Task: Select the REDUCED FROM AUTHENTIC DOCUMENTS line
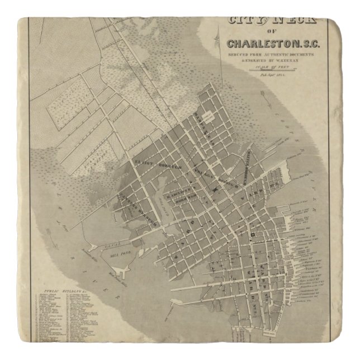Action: (x=271, y=55)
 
